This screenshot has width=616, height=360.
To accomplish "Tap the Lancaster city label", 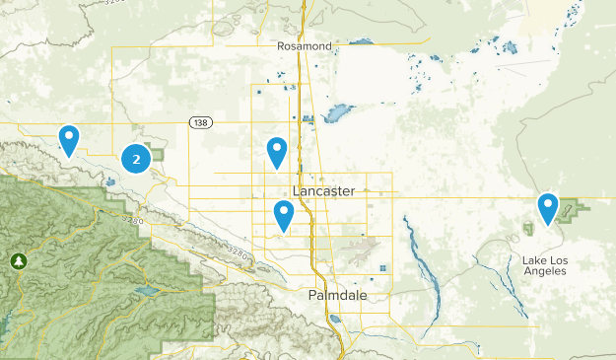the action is click(x=323, y=191).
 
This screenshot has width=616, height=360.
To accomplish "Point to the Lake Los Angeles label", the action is click(x=545, y=265).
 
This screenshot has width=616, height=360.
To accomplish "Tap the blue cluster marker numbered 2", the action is click(x=136, y=158).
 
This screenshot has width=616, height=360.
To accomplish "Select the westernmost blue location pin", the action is click(x=69, y=140).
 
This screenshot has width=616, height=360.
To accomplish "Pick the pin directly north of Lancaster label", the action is click(x=278, y=152).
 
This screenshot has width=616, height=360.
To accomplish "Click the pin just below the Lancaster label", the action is click(x=284, y=215).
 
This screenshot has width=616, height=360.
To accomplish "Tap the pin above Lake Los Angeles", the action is click(x=548, y=208).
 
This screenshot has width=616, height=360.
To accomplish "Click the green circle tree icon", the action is click(x=17, y=261).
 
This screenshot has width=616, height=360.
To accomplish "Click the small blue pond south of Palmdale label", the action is click(x=336, y=319).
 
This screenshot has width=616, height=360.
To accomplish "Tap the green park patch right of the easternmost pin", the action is click(x=576, y=209).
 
